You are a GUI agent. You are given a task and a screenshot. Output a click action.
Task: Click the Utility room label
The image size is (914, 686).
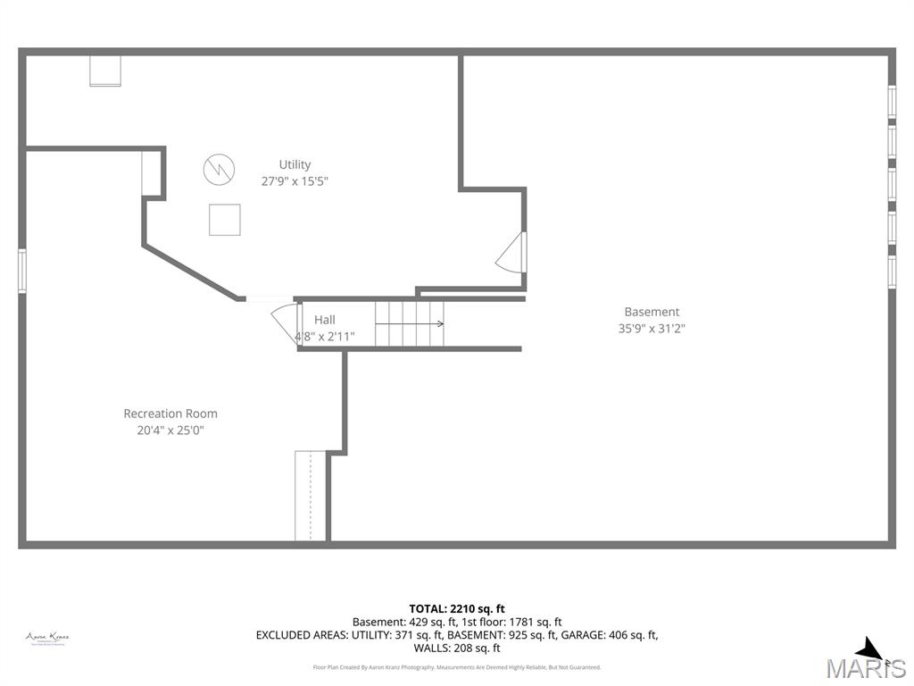(295, 164)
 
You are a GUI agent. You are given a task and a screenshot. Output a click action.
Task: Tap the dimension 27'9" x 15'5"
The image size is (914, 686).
(295, 181)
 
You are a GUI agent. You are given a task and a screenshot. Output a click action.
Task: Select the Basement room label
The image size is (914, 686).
(652, 312)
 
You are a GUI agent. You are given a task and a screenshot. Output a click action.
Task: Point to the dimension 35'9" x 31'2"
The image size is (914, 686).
(652, 328)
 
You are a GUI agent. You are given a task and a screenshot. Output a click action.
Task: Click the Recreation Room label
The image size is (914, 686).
(170, 414)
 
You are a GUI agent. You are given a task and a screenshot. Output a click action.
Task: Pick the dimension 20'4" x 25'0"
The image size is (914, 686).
(170, 430)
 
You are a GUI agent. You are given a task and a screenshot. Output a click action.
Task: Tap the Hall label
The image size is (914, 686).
(324, 320)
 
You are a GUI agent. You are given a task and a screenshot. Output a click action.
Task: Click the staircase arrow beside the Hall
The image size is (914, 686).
(410, 323)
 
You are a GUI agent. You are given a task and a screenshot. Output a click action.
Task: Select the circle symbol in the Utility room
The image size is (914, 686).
(219, 168)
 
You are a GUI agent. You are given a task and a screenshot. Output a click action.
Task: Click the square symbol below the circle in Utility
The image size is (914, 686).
(224, 220)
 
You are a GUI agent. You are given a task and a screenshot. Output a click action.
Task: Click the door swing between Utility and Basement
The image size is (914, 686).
(511, 253)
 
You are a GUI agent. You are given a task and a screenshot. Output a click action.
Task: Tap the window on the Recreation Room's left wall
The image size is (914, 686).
(22, 271)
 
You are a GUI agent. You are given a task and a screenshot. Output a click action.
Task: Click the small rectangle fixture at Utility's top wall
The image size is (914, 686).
(105, 71)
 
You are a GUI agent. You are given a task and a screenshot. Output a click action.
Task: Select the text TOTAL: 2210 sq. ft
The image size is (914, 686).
(457, 609)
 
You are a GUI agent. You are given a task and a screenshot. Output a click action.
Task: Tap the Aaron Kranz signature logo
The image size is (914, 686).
(47, 638)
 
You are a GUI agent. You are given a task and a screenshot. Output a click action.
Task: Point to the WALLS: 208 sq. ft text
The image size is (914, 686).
(457, 648)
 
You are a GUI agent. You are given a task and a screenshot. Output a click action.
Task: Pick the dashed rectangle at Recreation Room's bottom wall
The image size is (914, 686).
(310, 496)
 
